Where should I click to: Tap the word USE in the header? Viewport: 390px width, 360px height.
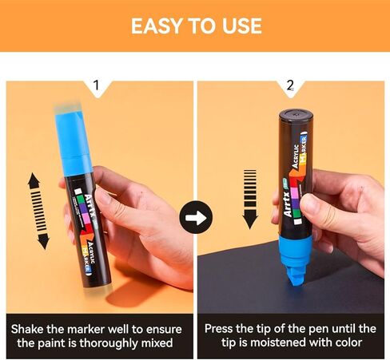point(242,26)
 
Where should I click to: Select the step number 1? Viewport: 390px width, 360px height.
point(96,85)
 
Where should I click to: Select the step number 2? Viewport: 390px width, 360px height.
point(290,85)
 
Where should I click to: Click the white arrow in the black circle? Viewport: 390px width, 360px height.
point(196,218)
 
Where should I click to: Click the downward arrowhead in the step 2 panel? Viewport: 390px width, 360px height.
point(250,220)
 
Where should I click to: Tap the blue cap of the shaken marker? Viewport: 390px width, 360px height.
point(74,142)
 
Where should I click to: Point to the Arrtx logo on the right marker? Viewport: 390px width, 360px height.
point(288,204)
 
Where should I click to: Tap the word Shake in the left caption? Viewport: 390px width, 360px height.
point(27,330)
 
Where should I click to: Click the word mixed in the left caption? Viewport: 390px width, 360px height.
point(157,343)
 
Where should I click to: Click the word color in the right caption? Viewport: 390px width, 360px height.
point(348,342)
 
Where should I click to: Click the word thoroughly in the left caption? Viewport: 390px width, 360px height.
point(109,343)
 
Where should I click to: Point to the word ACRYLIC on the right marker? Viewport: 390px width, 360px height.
point(296,156)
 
